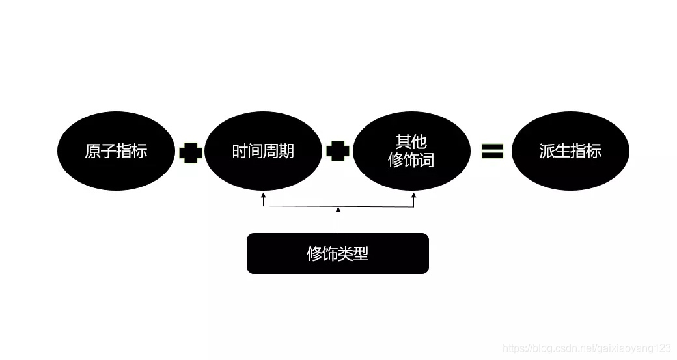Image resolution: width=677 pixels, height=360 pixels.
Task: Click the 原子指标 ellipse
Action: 117,151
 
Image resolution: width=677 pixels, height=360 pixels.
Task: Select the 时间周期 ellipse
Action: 264,151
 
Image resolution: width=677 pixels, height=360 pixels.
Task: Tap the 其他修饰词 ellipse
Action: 411,151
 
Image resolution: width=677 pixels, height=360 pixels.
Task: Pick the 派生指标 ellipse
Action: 570,151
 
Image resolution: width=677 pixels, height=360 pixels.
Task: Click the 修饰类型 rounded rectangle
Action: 337,253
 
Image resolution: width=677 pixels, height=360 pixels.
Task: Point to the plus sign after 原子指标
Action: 191,153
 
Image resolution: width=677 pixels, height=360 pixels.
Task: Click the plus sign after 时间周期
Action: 338,152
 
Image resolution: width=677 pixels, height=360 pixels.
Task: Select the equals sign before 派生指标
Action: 492,151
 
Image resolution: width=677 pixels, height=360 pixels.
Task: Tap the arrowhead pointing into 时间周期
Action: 263,195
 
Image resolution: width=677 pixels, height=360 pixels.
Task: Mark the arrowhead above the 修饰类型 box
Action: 338,210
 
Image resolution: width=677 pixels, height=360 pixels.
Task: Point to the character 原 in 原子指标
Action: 92,151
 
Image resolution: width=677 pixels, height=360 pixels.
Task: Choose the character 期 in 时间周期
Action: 287,151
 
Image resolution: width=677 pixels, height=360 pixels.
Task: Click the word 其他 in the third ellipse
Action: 411,142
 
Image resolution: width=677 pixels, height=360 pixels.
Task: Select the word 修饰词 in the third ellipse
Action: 411,160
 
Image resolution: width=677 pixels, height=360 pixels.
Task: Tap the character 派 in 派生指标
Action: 547,151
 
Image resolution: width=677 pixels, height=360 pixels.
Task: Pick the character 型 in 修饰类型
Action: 361,254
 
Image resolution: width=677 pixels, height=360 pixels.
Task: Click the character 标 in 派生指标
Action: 594,151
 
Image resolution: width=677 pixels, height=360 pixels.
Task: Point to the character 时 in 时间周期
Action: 240,151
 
